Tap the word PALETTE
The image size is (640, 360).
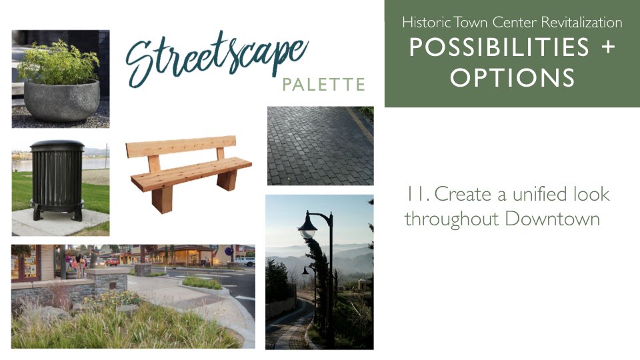pyautogui.click(x=324, y=85)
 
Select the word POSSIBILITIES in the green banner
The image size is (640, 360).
pyautogui.click(x=499, y=47)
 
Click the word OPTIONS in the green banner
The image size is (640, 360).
pyautogui.click(x=512, y=77)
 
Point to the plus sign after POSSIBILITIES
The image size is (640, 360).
pyautogui.click(x=608, y=47)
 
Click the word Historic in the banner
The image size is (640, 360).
pyautogui.click(x=427, y=22)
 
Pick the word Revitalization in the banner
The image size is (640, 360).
pyautogui.click(x=581, y=22)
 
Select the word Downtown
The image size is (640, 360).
pyautogui.click(x=552, y=219)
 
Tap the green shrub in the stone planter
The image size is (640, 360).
pyautogui.click(x=59, y=63)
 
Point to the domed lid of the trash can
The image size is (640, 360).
pyautogui.click(x=57, y=145)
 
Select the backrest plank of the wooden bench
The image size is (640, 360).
pyautogui.click(x=181, y=147)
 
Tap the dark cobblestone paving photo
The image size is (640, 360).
pyautogui.click(x=321, y=146)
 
